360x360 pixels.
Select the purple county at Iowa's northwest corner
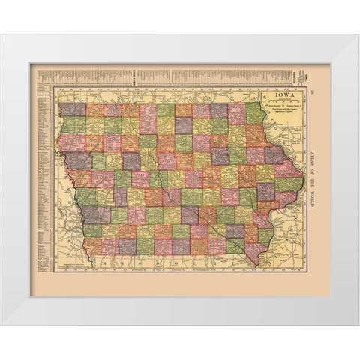click(72, 109)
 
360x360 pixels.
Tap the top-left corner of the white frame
click(2, 35)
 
